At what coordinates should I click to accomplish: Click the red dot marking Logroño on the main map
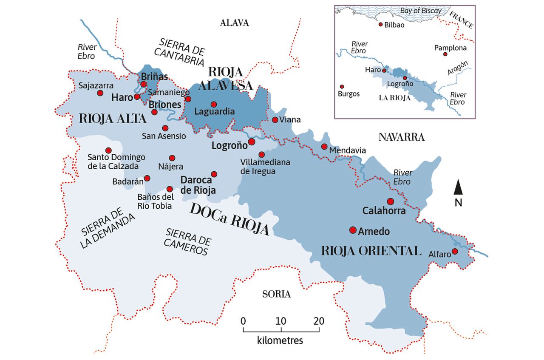pos(252,141)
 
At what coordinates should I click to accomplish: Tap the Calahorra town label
pos(384,211)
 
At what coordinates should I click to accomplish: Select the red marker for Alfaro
pos(455,251)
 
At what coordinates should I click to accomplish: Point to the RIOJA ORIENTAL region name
pos(371,250)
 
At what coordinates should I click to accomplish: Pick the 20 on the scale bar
pos(318,321)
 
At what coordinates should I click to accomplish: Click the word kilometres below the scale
pos(280,340)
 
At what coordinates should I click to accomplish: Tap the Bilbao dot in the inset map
pos(380,25)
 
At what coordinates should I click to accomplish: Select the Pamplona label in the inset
pos(450,48)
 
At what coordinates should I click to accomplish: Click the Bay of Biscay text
pos(421,11)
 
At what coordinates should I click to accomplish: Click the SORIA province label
pos(276,294)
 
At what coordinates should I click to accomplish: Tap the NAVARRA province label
pos(401,137)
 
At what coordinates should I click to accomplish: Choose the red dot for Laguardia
pos(214,104)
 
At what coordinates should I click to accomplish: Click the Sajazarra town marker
pos(100,93)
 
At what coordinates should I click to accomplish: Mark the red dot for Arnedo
pos(352,230)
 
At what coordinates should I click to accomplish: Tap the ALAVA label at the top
pos(234,23)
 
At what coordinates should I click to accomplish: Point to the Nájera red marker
pos(172,158)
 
